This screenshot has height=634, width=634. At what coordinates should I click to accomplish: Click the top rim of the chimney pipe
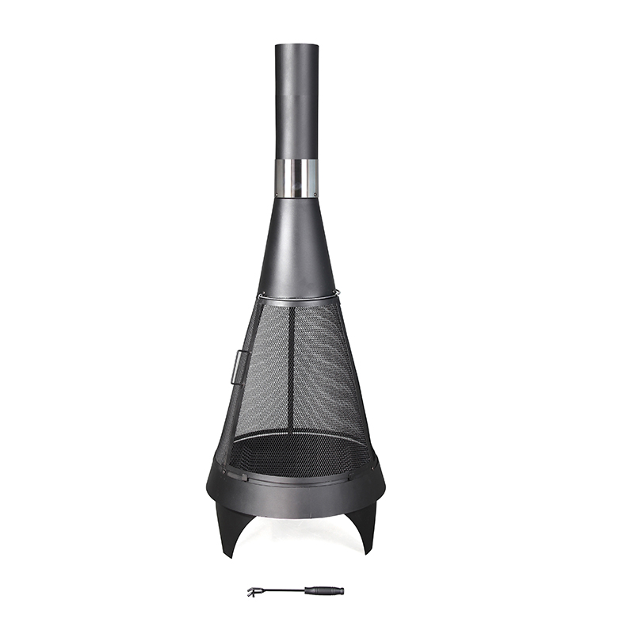pyautogui.click(x=296, y=45)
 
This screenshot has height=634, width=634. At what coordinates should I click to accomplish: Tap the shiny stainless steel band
pyautogui.click(x=296, y=178)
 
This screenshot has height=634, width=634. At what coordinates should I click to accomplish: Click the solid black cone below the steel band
pyautogui.click(x=296, y=246)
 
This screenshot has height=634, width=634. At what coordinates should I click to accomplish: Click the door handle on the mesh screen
pyautogui.click(x=235, y=365)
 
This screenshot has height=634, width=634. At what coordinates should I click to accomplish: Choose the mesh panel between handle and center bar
pyautogui.click(x=265, y=372)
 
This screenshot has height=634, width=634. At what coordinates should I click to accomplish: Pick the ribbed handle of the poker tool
pyautogui.click(x=327, y=590)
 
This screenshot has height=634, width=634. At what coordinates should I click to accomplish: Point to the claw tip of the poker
pyautogui.click(x=253, y=591)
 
